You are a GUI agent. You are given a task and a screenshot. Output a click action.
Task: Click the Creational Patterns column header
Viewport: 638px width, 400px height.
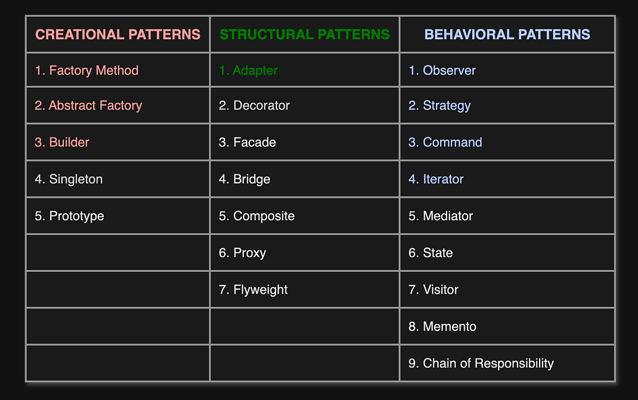pos(117,35)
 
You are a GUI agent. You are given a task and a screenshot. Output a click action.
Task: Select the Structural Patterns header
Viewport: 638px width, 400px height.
pos(305,35)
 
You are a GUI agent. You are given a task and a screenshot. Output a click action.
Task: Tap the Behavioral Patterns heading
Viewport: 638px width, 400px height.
pos(507,35)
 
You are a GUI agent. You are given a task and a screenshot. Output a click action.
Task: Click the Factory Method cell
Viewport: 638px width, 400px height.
pos(87,70)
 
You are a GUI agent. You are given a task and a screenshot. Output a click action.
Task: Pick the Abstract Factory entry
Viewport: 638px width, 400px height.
pos(88,105)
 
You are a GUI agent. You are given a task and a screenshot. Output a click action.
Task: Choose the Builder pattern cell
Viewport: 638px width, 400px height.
pos(62,142)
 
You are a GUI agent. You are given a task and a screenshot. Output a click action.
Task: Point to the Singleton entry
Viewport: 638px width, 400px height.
pos(69,179)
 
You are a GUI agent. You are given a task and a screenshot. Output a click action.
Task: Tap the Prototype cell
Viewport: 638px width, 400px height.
pos(69,216)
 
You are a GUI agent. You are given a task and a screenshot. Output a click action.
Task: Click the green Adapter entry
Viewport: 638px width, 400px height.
pos(248,70)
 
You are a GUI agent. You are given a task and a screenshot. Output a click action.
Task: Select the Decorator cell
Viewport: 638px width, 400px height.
pos(254,105)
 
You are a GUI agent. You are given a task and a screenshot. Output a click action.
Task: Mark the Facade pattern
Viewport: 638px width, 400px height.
pos(247,142)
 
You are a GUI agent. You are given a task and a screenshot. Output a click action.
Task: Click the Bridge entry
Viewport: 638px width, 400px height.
pos(245,179)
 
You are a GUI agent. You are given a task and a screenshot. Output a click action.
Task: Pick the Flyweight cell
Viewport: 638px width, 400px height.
pos(253,289)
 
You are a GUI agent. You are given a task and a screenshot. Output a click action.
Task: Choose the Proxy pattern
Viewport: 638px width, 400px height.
pos(242,253)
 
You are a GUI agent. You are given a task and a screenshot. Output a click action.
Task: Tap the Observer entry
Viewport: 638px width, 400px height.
pos(442,70)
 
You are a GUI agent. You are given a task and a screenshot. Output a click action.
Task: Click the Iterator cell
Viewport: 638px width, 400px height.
pos(436,179)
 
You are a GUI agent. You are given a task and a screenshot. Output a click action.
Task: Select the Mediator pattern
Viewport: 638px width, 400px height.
pos(441,216)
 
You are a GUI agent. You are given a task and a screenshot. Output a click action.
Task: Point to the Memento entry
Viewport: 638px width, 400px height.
pos(442,326)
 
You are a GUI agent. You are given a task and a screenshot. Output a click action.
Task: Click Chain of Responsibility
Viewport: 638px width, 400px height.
pos(481,363)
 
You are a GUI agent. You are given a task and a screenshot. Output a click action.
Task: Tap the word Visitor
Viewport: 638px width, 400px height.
pos(441,289)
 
